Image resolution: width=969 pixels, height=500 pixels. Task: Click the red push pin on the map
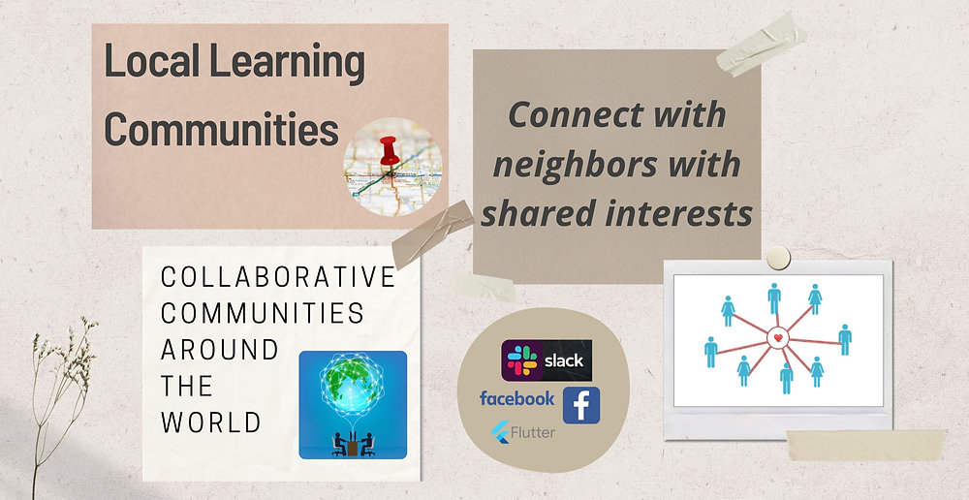coord(389,150)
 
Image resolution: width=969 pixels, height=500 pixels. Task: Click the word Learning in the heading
coord(290,63)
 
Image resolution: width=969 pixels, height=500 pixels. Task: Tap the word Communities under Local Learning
coord(221,129)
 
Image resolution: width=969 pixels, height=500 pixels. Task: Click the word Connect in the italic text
coord(566,114)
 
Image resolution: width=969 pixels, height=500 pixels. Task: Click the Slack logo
coord(547,359)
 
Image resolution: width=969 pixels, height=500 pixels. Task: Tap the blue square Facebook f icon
coord(581,405)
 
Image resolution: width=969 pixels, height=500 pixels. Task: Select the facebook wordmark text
coord(517,398)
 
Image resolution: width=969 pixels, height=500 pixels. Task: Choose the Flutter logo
coord(523,432)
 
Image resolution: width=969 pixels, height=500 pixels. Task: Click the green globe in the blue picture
coord(353,388)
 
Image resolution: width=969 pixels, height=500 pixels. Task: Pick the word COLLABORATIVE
coord(278,277)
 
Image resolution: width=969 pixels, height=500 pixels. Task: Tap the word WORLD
coord(210,422)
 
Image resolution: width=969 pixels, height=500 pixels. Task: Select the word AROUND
coord(219,350)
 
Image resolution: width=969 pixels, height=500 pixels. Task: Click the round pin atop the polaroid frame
coord(777,257)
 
